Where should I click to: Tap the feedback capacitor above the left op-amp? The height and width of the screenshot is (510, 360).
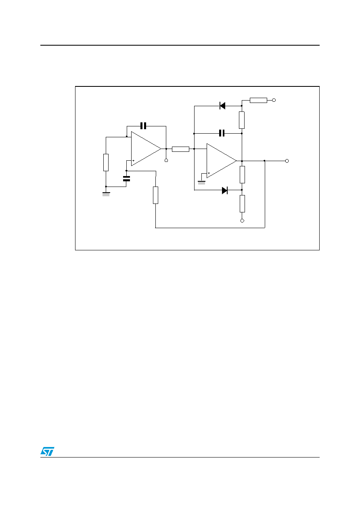pyautogui.click(x=143, y=126)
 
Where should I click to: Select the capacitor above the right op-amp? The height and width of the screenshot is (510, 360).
pyautogui.click(x=222, y=133)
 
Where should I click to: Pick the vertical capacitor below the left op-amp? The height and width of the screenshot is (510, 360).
pyautogui.click(x=126, y=179)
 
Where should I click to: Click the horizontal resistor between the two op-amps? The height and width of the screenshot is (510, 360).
pyautogui.click(x=180, y=149)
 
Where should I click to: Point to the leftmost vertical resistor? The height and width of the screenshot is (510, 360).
pyautogui.click(x=106, y=162)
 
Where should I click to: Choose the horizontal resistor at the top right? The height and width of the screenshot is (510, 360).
pyautogui.click(x=258, y=100)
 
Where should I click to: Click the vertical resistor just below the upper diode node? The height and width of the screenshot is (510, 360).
pyautogui.click(x=242, y=120)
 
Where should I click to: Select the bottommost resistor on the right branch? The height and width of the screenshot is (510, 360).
pyautogui.click(x=242, y=204)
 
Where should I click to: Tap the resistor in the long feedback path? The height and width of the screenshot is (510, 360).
pyautogui.click(x=155, y=195)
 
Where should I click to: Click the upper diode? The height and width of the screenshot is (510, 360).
pyautogui.click(x=222, y=106)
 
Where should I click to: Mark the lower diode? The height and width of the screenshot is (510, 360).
pyautogui.click(x=225, y=190)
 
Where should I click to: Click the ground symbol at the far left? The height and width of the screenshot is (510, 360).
pyautogui.click(x=106, y=194)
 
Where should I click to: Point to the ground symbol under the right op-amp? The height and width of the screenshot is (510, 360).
pyautogui.click(x=201, y=183)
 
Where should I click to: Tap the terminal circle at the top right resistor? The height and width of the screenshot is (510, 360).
pyautogui.click(x=274, y=100)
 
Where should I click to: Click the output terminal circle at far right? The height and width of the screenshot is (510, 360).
pyautogui.click(x=287, y=161)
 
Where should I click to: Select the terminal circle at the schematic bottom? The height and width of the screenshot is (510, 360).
pyautogui.click(x=242, y=220)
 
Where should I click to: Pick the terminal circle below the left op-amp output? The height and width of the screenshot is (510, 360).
pyautogui.click(x=166, y=161)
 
